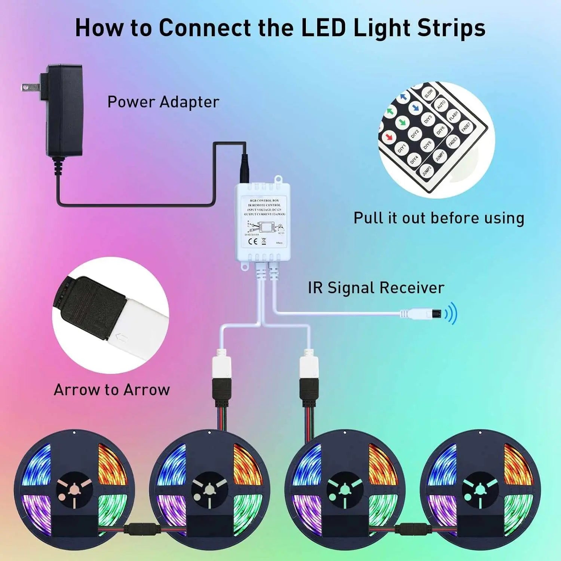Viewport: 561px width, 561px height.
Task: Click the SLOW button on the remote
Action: pos(429,93)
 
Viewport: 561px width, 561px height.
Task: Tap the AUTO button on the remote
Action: pos(441,104)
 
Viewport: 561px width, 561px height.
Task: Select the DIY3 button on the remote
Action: pos(428,119)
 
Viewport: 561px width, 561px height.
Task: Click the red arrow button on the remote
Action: pos(389,135)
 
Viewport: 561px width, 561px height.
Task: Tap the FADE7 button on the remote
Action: pos(466,127)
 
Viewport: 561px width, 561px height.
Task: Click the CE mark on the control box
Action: pos(253,241)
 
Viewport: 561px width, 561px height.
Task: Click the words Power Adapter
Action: pos(163,102)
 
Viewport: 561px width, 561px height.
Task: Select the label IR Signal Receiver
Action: pos(376,288)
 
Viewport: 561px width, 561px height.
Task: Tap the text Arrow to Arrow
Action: pos(111,390)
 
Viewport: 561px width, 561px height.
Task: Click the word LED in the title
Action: pos(323,28)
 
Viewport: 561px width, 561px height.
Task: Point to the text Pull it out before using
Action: pos(439,218)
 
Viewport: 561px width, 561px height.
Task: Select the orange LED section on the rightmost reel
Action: pos(518,462)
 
